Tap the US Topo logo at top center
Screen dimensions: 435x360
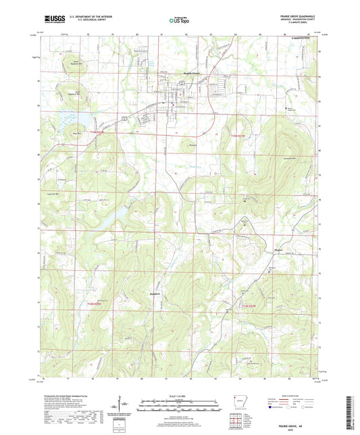tap(180, 20)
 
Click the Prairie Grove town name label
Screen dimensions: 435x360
tap(178, 73)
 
